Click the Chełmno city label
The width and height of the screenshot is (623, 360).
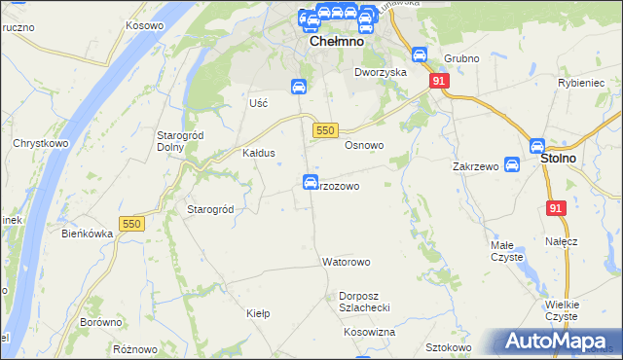336,43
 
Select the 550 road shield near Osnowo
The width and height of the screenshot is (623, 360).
326,129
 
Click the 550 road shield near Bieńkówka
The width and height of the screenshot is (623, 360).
132,224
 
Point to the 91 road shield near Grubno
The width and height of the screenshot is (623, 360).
439,82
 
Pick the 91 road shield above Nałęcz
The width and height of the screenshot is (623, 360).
556,208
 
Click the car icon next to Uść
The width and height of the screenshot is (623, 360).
299,87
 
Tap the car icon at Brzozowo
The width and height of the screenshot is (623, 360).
311,182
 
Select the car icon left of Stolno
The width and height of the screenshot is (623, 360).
513,165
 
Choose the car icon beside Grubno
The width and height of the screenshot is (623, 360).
420,55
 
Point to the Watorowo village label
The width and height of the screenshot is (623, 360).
347,263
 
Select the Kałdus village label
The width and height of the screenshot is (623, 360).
259,153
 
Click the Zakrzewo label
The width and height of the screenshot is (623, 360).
475,166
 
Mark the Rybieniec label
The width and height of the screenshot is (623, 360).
582,84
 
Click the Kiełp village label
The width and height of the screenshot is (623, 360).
258,313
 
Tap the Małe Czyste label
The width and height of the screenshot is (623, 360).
507,251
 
